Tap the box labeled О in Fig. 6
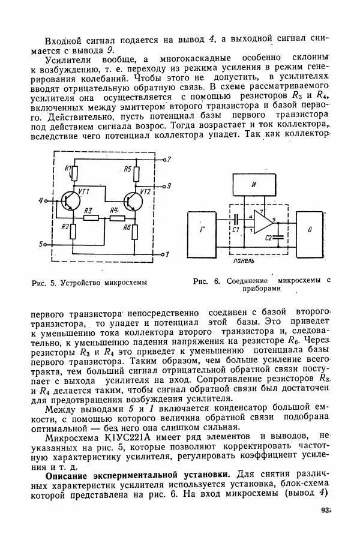pos(310,230)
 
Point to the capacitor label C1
pos(236,229)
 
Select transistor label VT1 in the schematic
pos(83,191)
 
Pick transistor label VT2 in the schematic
pos(145,191)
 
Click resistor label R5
pos(128,170)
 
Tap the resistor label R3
pos(88,210)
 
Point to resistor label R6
pos(127,227)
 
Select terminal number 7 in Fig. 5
pos(169,160)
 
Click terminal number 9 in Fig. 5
pos(169,185)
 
